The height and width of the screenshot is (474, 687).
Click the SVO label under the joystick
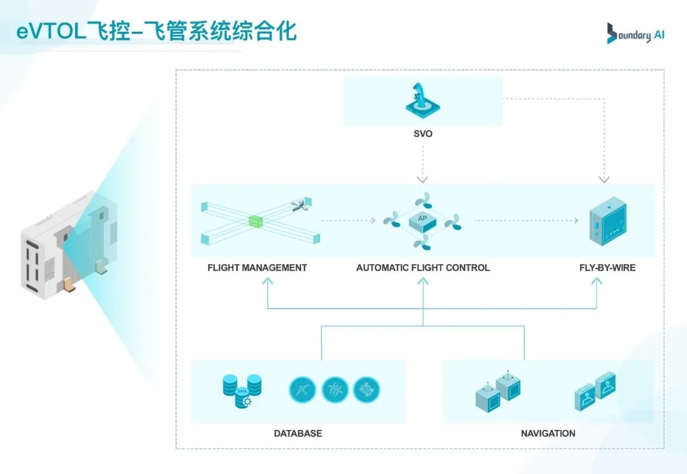pos(422,134)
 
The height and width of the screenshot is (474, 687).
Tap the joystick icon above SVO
pos(422,101)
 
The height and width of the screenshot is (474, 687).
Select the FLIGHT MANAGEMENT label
pos(257,268)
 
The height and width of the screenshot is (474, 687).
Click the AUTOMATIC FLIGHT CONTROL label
pos(423,268)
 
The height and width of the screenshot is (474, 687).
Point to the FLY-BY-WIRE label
pos(607,268)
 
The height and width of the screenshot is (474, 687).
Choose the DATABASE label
pos(298,433)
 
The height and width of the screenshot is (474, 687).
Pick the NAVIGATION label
pos(548,433)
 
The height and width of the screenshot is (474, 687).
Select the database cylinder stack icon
pos(242,390)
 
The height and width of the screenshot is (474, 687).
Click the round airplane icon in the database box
pos(302,389)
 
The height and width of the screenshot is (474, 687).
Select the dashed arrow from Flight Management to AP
pos(349,221)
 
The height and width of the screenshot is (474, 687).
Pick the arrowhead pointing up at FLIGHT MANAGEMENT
pos(267,285)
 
